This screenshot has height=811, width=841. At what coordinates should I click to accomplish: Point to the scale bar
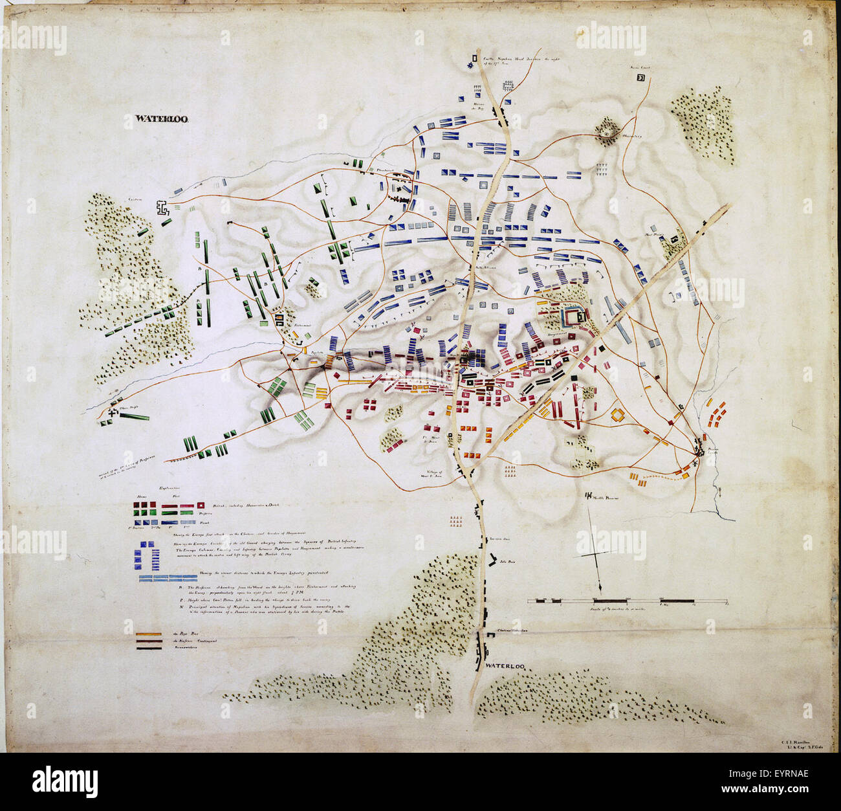pos(628,602)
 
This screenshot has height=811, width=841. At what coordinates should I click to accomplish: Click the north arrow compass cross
pos(598,555)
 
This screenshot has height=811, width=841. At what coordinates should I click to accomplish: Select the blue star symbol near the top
pos(471,65)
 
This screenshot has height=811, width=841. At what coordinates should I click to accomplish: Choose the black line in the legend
pos(148,647)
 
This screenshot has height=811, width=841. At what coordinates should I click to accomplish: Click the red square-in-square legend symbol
pos(201,505)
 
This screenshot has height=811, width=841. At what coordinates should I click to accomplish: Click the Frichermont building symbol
pos(281,319)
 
